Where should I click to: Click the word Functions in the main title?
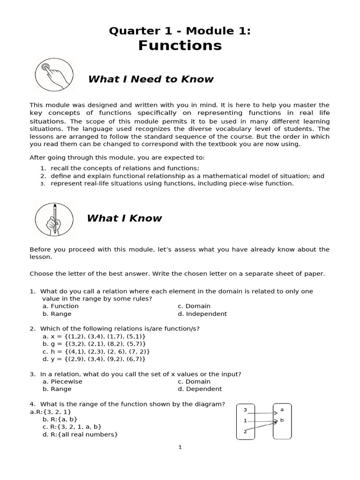180,45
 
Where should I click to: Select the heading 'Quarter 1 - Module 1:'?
180,31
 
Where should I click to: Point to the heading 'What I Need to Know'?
150,79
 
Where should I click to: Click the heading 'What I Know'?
124,218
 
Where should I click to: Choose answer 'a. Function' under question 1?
60,306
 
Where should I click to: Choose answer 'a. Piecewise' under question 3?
62,382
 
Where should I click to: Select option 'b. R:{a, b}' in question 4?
60,419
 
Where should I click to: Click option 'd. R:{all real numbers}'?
80,435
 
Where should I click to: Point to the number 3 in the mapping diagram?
245,410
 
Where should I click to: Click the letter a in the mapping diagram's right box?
282,409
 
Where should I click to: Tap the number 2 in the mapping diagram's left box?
245,431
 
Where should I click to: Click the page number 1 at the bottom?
180,447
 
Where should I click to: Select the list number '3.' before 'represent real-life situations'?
42,184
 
